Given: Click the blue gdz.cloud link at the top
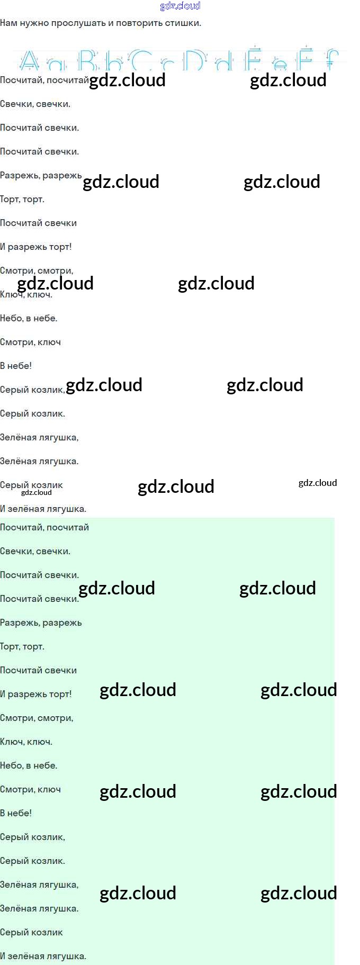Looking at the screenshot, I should [x=180, y=6].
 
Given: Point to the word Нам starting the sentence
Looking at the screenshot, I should [x=8, y=23].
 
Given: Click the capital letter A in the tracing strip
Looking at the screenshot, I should [x=29, y=61].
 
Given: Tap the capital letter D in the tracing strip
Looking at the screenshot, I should [x=194, y=61].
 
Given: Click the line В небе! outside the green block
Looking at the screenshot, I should [x=16, y=366].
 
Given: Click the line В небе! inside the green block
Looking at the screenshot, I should [x=16, y=813].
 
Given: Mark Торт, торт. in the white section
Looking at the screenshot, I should [x=22, y=200].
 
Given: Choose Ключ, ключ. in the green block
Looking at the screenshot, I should [x=26, y=742].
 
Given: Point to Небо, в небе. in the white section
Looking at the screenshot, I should [x=29, y=318].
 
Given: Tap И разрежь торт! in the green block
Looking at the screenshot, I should [x=35, y=694].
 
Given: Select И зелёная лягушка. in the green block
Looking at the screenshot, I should [x=43, y=956].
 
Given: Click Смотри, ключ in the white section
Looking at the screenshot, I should [x=30, y=342].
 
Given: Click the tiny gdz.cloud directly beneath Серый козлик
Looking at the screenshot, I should [x=37, y=493].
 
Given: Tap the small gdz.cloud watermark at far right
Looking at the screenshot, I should [x=318, y=483].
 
